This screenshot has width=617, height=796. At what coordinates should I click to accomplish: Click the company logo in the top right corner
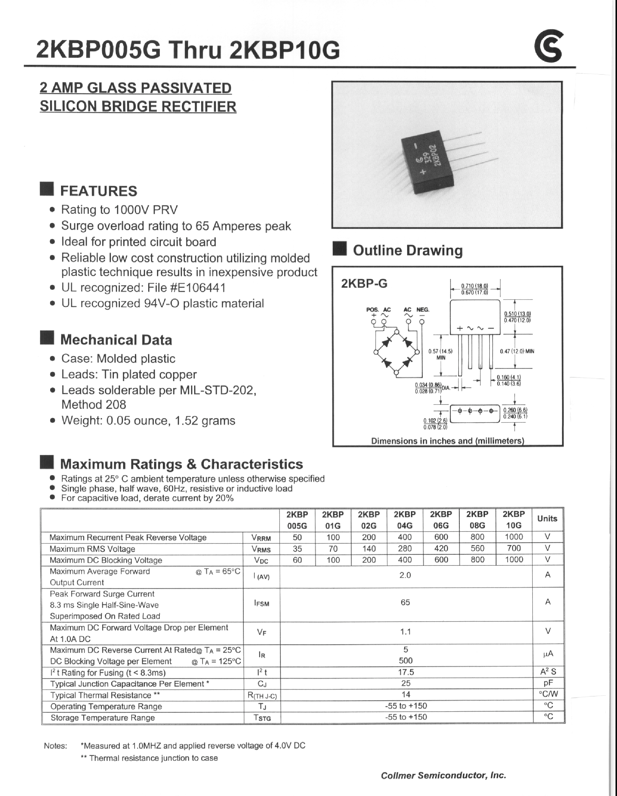(548, 46)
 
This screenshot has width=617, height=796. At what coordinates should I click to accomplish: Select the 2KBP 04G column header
(405, 520)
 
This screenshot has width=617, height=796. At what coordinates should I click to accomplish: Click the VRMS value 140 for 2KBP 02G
(369, 549)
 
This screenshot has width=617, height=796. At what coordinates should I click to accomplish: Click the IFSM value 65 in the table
(405, 602)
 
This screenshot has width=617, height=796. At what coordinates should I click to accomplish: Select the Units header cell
(547, 519)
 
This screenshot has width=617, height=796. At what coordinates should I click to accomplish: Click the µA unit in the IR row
(548, 654)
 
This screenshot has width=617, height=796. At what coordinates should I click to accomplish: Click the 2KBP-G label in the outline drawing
(364, 284)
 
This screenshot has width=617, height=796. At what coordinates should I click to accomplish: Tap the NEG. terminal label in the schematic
(423, 310)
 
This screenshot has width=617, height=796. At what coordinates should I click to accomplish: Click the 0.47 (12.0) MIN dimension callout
(517, 351)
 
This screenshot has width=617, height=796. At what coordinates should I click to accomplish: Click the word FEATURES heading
(98, 191)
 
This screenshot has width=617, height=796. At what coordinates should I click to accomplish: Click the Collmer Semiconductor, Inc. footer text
(443, 775)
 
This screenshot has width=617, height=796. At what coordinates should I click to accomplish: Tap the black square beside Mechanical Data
(47, 338)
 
